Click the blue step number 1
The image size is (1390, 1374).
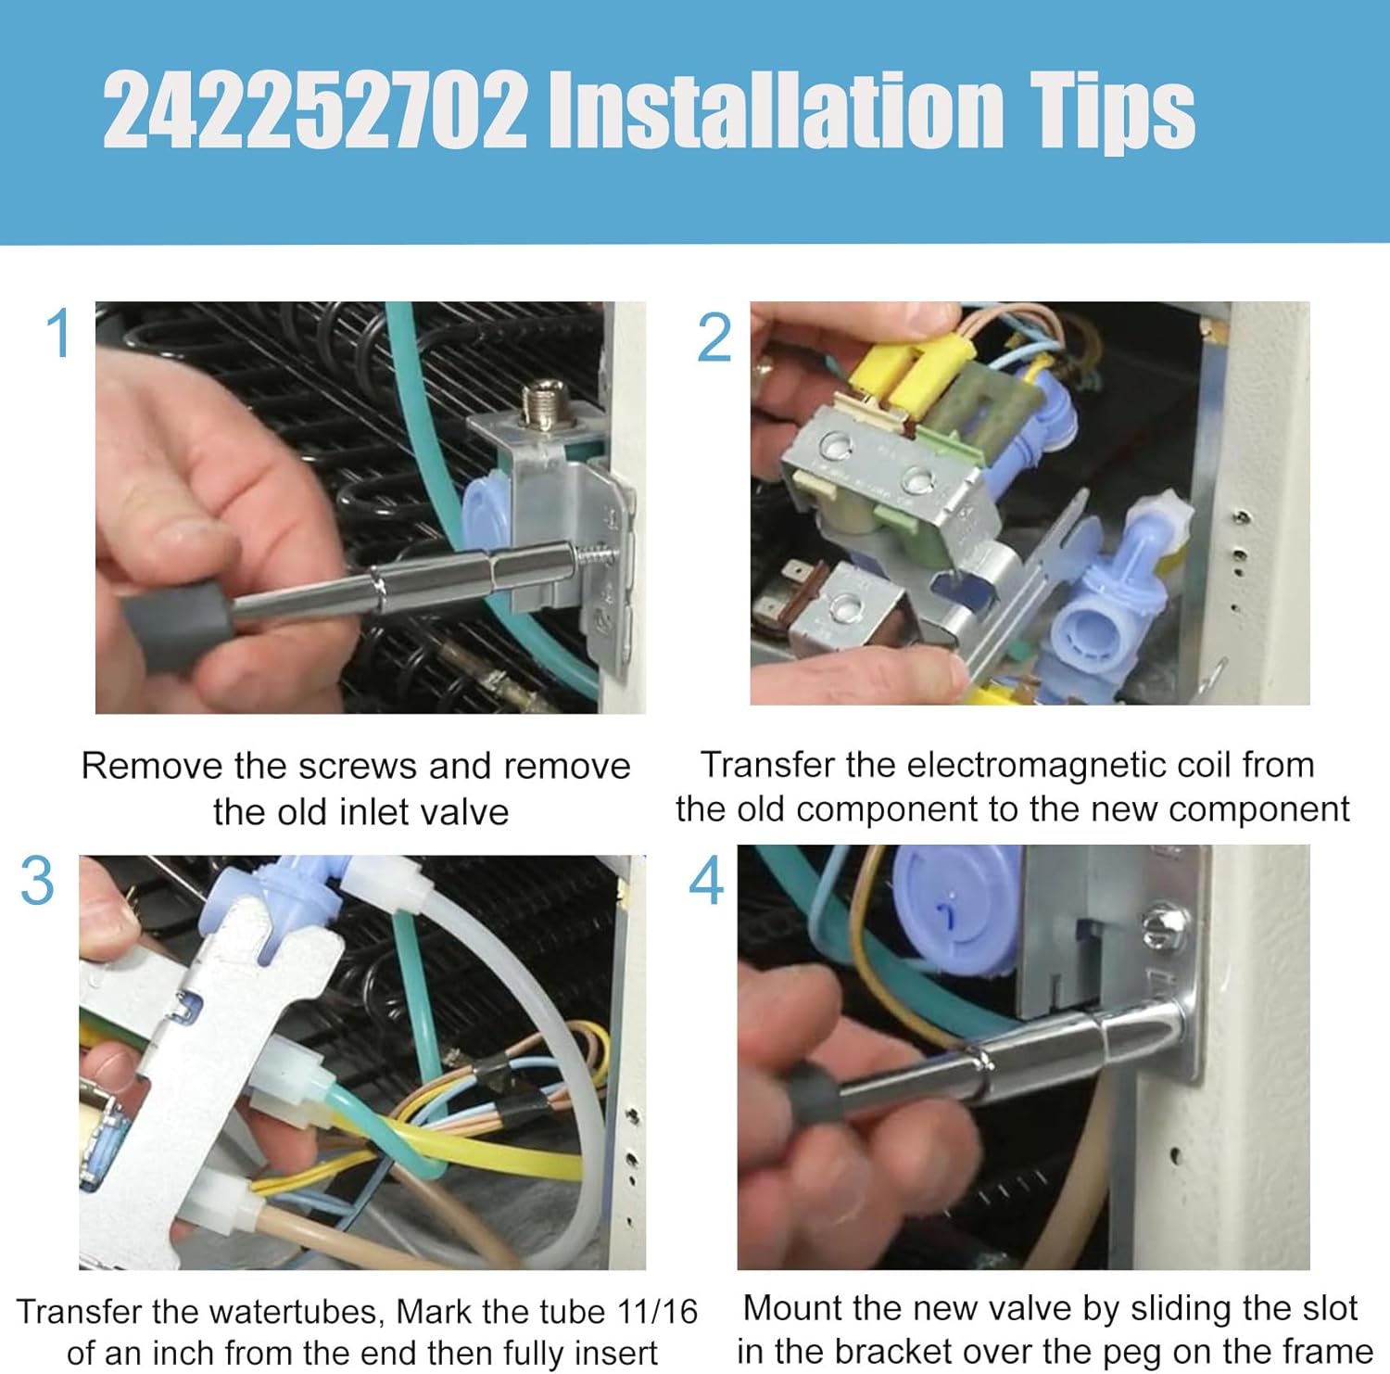click(58, 334)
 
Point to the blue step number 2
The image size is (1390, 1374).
click(714, 339)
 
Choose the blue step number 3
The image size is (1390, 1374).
click(37, 881)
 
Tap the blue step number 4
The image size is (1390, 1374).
click(706, 882)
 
